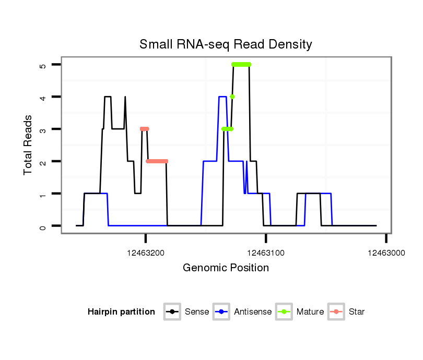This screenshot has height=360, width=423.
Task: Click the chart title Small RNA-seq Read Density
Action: point(226,44)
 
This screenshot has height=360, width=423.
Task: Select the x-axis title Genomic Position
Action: point(226,268)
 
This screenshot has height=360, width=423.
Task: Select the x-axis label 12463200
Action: point(146,252)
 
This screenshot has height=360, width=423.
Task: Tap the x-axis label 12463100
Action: point(266,252)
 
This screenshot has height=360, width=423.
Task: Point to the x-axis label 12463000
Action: point(386,252)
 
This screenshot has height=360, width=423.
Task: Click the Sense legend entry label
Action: point(197,312)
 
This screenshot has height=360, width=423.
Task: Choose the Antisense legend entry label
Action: point(253,312)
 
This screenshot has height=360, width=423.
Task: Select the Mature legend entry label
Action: point(310,312)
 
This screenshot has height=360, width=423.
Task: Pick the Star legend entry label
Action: point(357,312)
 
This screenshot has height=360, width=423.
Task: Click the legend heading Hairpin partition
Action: point(121,312)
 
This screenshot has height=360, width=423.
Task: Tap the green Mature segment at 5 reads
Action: point(241,64)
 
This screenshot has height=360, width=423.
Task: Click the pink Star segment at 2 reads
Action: point(157,161)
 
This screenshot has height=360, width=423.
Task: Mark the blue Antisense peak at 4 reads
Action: point(222,97)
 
